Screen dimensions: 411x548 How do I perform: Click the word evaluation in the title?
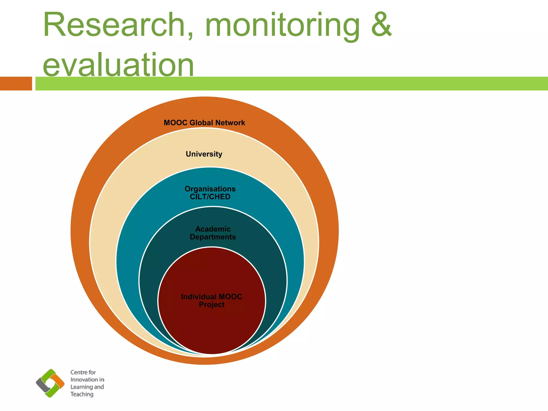(x=118, y=65)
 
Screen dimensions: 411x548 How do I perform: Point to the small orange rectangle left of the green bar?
(x=16, y=83)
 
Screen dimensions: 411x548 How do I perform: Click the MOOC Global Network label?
(x=204, y=123)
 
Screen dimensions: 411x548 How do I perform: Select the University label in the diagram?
(x=204, y=154)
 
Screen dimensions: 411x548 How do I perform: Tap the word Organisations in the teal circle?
(x=210, y=189)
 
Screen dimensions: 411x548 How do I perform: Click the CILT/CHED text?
(x=210, y=197)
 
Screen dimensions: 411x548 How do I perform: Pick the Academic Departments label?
(x=213, y=233)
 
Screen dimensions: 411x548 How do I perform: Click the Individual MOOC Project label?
(x=211, y=300)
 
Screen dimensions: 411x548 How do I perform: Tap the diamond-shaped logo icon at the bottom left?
(x=50, y=383)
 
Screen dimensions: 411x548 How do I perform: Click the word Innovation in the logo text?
(x=83, y=380)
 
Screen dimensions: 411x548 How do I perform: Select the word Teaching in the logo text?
(x=82, y=394)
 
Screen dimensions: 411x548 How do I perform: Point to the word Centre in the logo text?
(x=79, y=372)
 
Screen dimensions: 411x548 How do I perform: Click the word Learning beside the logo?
(x=81, y=387)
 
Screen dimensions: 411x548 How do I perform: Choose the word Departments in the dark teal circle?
(x=213, y=237)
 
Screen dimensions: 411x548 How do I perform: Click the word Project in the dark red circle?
(x=212, y=305)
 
